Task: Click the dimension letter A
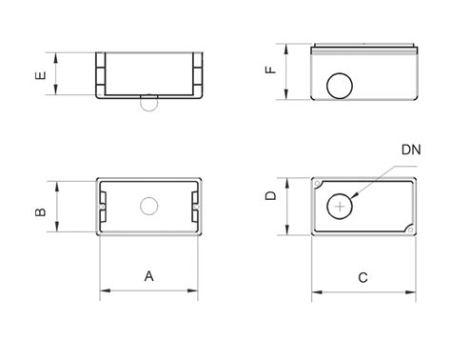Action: point(148,276)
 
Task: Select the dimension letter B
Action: point(41,211)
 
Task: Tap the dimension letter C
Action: point(363,278)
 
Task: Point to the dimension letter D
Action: point(271,195)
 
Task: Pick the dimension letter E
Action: point(41,75)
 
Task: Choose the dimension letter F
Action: point(271,70)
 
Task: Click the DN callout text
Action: point(411,150)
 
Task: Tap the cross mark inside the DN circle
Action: point(340,207)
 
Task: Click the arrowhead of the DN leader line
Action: point(354,195)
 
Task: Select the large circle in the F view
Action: point(340,73)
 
